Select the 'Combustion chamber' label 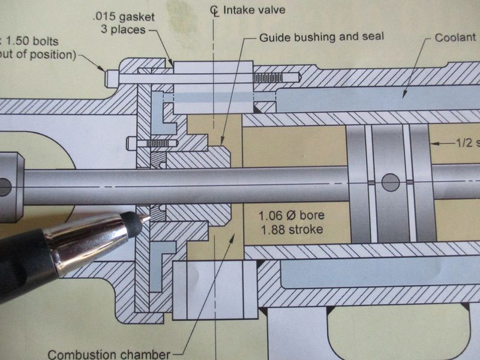[x=108, y=354]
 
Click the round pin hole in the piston [x=389, y=181]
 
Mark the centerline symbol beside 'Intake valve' [x=215, y=10]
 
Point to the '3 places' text [x=125, y=30]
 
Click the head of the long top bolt [x=111, y=77]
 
